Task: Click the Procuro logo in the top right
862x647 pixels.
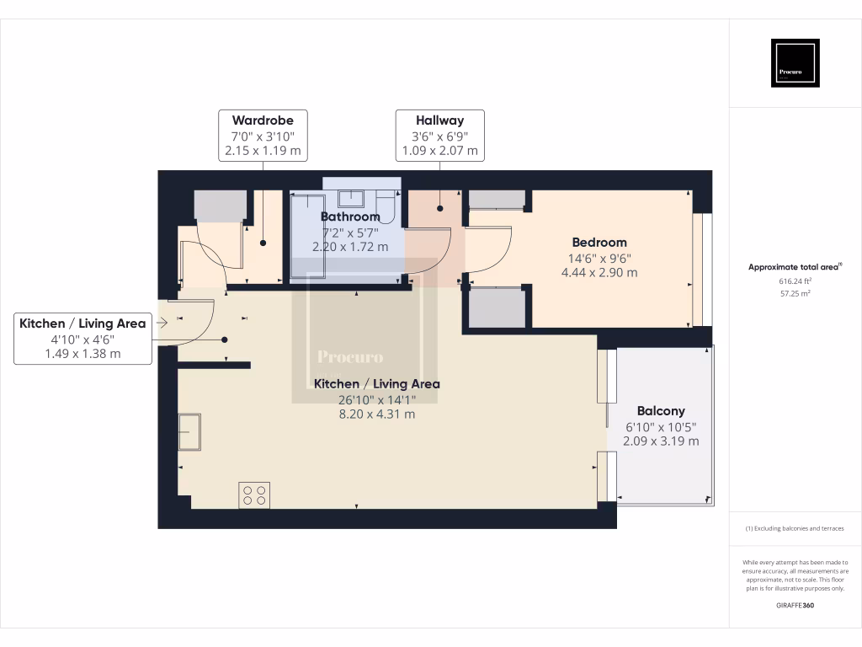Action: (x=795, y=63)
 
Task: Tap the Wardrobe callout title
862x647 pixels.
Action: (x=263, y=120)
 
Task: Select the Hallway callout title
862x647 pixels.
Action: (x=439, y=120)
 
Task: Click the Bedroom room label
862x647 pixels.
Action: (x=599, y=243)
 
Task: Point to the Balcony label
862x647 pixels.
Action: (x=660, y=411)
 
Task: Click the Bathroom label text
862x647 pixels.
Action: (x=350, y=217)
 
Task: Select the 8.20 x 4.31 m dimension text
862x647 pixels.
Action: (x=376, y=414)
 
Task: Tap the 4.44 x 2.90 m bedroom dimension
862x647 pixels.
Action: (x=599, y=272)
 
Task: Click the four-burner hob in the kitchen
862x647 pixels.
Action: (x=254, y=495)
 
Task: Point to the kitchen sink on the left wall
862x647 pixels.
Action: (x=189, y=431)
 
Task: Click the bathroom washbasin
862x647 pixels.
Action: (x=351, y=199)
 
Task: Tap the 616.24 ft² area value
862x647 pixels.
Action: (x=795, y=281)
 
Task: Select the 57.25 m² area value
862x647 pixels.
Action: (x=795, y=294)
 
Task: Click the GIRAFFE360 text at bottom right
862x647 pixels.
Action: (x=795, y=606)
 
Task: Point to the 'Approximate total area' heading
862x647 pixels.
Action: (x=794, y=267)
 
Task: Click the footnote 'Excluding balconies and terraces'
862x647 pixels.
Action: (x=795, y=528)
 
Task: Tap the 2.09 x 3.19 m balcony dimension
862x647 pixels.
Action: (x=660, y=441)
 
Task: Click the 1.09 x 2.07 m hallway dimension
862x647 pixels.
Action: (x=439, y=151)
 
